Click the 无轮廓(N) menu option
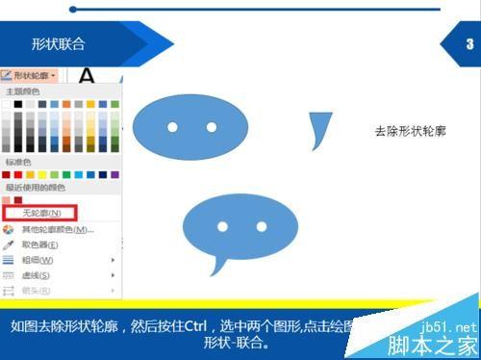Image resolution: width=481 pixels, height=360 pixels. tap(40, 212)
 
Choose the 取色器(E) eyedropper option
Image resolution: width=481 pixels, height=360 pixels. tap(39, 244)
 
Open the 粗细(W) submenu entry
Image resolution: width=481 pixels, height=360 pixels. tap(38, 260)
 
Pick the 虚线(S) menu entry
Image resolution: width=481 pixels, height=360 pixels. tap(38, 275)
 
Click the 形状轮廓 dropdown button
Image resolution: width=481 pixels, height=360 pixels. tap(31, 74)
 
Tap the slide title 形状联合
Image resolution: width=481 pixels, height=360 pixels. tap(58, 43)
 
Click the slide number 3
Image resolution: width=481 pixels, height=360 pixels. tap(468, 43)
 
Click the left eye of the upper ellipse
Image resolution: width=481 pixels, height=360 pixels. tap(172, 127)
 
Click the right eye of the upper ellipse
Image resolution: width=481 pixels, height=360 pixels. tap(212, 127)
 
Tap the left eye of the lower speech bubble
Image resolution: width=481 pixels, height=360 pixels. tap(222, 227)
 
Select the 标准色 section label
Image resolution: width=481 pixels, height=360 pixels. tap(18, 162)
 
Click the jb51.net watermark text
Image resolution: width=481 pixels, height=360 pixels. tap(452, 326)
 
